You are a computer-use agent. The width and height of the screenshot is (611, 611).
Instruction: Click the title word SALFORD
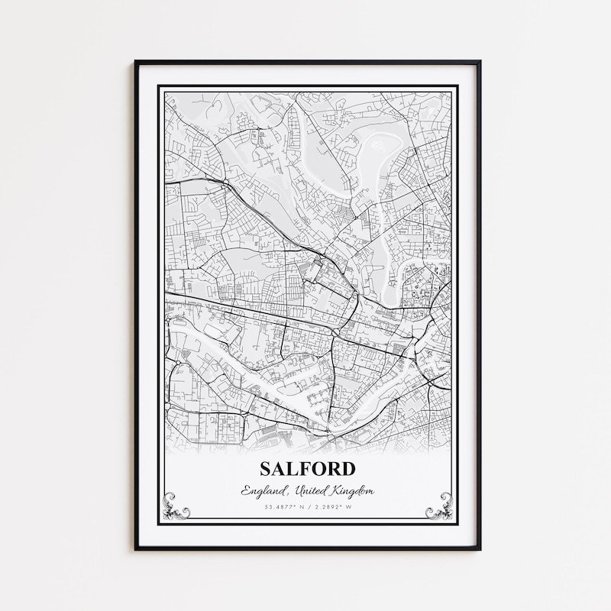307,467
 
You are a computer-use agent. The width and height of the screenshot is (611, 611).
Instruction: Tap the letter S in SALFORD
266,467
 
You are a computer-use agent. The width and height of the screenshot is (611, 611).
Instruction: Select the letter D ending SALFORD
348,467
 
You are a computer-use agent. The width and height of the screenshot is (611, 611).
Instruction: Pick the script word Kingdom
350,490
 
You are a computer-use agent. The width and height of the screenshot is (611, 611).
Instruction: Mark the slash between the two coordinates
308,507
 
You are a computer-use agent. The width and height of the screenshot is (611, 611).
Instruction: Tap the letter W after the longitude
349,507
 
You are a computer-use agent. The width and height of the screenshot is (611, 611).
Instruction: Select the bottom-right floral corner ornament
438,506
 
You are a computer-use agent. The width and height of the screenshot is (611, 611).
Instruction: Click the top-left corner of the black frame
136,62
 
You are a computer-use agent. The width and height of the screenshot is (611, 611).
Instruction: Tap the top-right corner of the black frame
479,62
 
